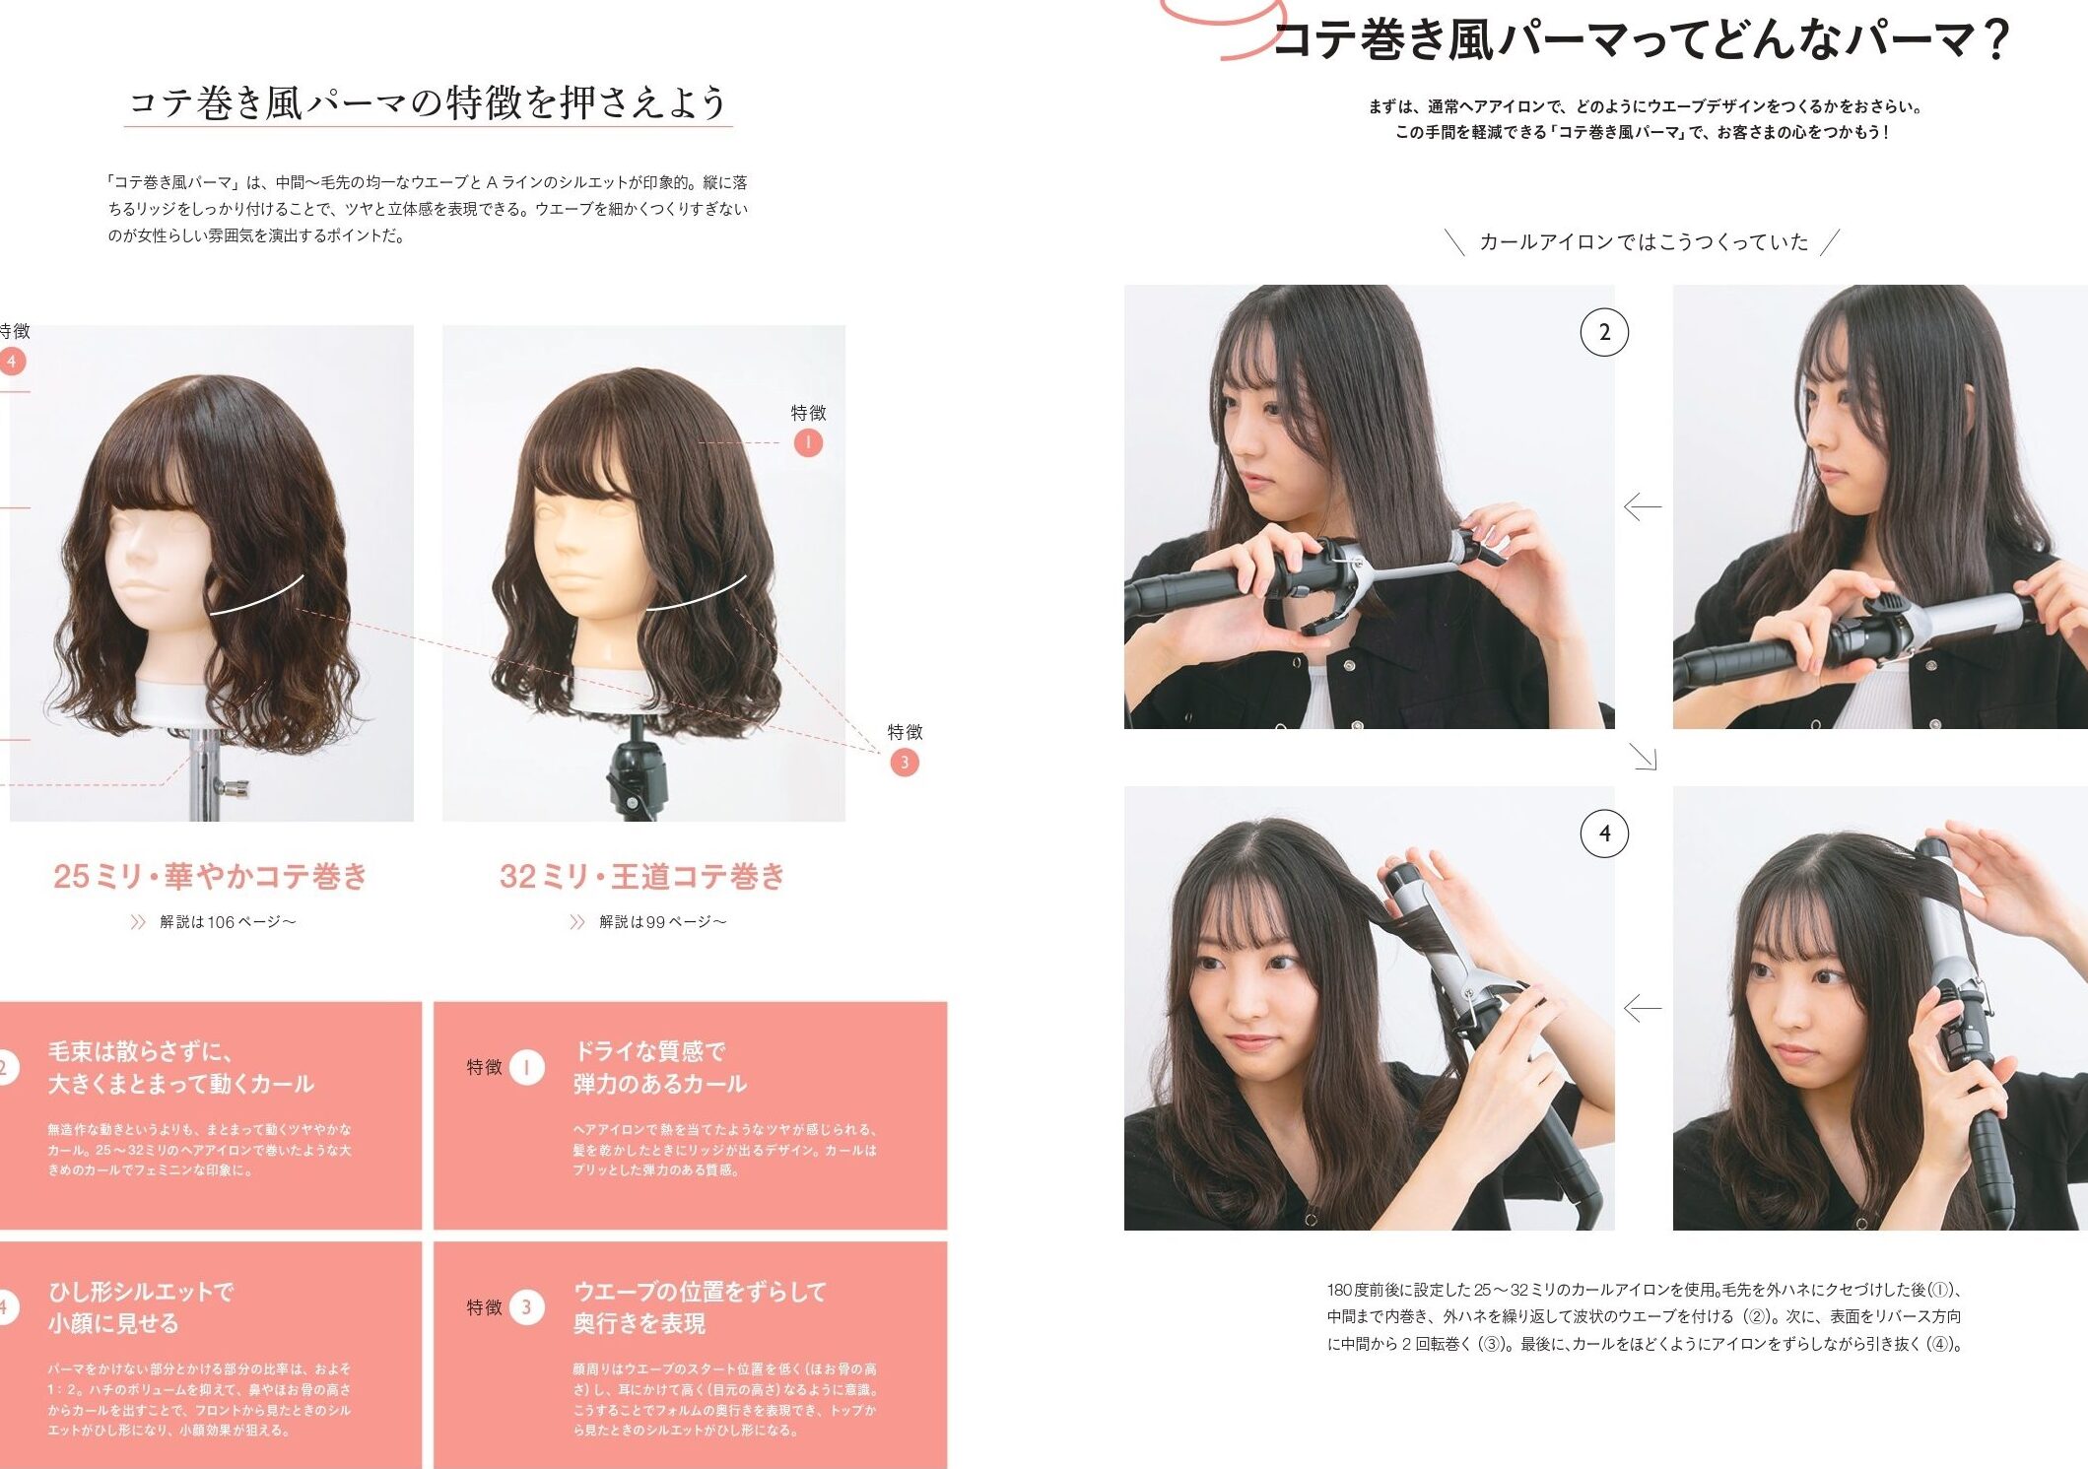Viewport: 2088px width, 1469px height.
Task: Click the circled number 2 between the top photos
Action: click(x=1604, y=332)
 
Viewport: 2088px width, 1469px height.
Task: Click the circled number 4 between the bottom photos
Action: click(x=1604, y=834)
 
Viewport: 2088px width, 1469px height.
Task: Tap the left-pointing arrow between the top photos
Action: click(x=1642, y=506)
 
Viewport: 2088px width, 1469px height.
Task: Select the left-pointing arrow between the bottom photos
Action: click(x=1642, y=1008)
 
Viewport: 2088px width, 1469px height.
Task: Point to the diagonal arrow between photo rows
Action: click(x=1644, y=757)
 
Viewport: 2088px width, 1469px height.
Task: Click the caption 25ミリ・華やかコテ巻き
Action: click(x=210, y=876)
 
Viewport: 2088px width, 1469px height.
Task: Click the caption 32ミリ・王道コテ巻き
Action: click(x=642, y=876)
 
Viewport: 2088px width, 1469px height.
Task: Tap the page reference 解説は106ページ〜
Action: click(x=228, y=922)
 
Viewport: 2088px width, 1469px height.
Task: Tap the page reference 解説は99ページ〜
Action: click(x=662, y=922)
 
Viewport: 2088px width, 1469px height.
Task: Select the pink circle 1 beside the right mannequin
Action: click(x=808, y=442)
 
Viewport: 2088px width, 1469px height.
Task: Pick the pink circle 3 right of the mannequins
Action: click(x=905, y=762)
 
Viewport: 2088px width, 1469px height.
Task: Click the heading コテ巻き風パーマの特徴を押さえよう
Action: click(x=428, y=102)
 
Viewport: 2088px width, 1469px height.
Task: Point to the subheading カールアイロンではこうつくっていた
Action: click(x=1644, y=242)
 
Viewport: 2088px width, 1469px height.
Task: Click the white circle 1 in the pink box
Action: click(x=527, y=1067)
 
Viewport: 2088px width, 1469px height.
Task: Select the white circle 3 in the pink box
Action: click(x=527, y=1307)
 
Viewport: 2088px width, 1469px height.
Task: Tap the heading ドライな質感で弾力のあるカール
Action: click(x=660, y=1067)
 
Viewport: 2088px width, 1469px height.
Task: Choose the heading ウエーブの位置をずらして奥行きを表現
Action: click(x=700, y=1306)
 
